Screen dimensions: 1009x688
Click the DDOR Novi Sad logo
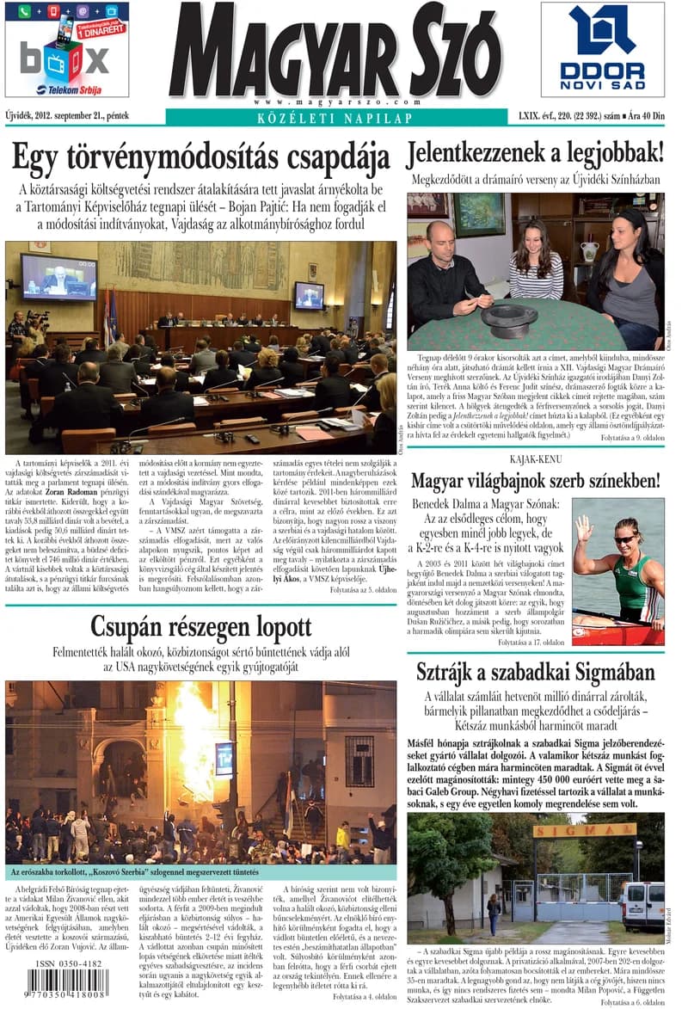click(602, 49)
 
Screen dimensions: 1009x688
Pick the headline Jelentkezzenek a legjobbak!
click(535, 153)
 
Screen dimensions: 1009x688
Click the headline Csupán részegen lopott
click(201, 625)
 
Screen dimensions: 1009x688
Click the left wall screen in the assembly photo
click(58, 277)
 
